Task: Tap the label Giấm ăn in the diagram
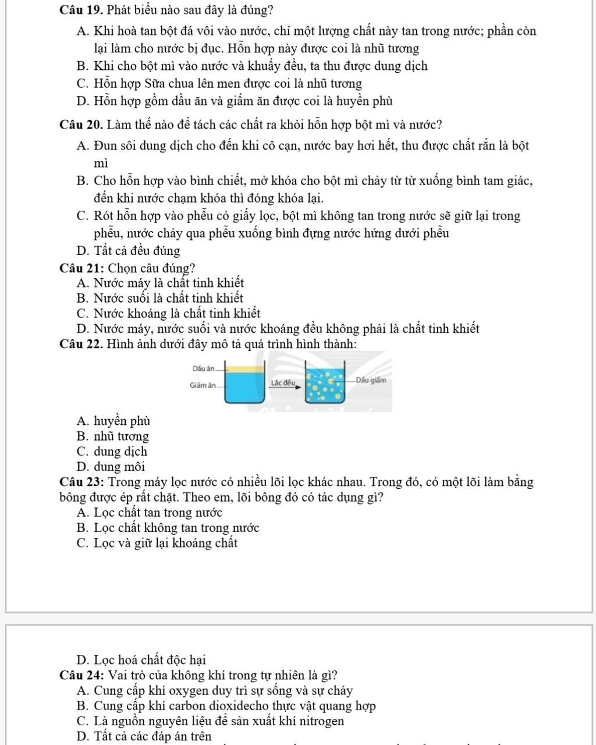click(x=203, y=385)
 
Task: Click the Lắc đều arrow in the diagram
click(x=283, y=383)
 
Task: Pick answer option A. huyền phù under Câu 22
click(x=113, y=421)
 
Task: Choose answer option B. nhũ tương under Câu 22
click(x=112, y=436)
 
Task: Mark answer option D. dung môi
click(x=111, y=466)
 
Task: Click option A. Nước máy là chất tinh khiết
click(x=160, y=283)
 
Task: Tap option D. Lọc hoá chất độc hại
click(x=141, y=660)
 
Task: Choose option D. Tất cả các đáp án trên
click(x=144, y=736)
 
